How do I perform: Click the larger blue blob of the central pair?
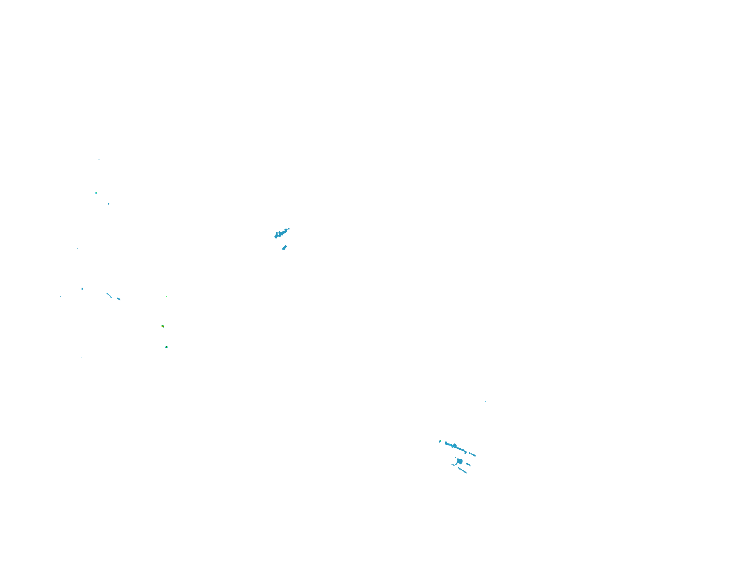(x=280, y=233)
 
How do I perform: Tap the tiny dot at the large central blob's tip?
(x=288, y=229)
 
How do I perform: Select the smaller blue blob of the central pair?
(x=284, y=248)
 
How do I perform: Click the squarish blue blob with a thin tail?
(x=459, y=461)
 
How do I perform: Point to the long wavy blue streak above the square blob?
(x=455, y=447)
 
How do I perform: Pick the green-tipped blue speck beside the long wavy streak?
(x=440, y=441)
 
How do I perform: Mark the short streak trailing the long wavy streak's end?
(x=472, y=455)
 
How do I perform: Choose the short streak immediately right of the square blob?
(x=468, y=464)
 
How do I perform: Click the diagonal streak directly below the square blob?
(x=462, y=470)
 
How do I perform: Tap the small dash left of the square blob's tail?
(x=453, y=465)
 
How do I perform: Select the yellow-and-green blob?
(x=163, y=327)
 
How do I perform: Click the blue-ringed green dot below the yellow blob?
(x=166, y=347)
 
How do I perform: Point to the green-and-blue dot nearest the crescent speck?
(x=96, y=193)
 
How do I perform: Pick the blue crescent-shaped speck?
(x=109, y=204)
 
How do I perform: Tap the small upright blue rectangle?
(x=82, y=288)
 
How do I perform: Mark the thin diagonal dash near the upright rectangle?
(x=109, y=295)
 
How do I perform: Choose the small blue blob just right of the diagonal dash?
(x=118, y=298)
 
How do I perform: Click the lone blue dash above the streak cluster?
(x=486, y=401)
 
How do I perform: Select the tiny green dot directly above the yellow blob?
(x=166, y=296)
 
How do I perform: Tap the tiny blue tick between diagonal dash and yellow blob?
(x=148, y=312)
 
